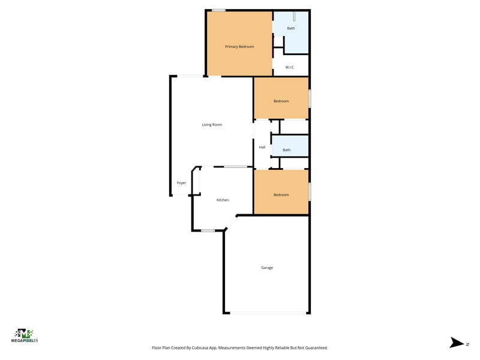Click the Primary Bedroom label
click(239, 47)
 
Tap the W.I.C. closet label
click(290, 67)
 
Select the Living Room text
click(212, 125)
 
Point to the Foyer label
click(181, 183)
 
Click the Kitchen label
click(223, 200)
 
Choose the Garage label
click(267, 268)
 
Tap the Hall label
click(262, 147)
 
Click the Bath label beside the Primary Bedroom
click(291, 28)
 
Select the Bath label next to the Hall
click(287, 149)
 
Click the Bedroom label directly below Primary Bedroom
click(281, 101)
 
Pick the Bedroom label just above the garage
click(281, 194)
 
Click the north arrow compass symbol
click(457, 343)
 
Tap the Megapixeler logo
click(25, 335)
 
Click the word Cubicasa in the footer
click(200, 348)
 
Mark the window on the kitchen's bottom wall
click(208, 230)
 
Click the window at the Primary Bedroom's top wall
click(219, 10)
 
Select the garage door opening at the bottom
click(268, 313)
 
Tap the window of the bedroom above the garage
click(310, 191)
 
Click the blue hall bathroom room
click(290, 146)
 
